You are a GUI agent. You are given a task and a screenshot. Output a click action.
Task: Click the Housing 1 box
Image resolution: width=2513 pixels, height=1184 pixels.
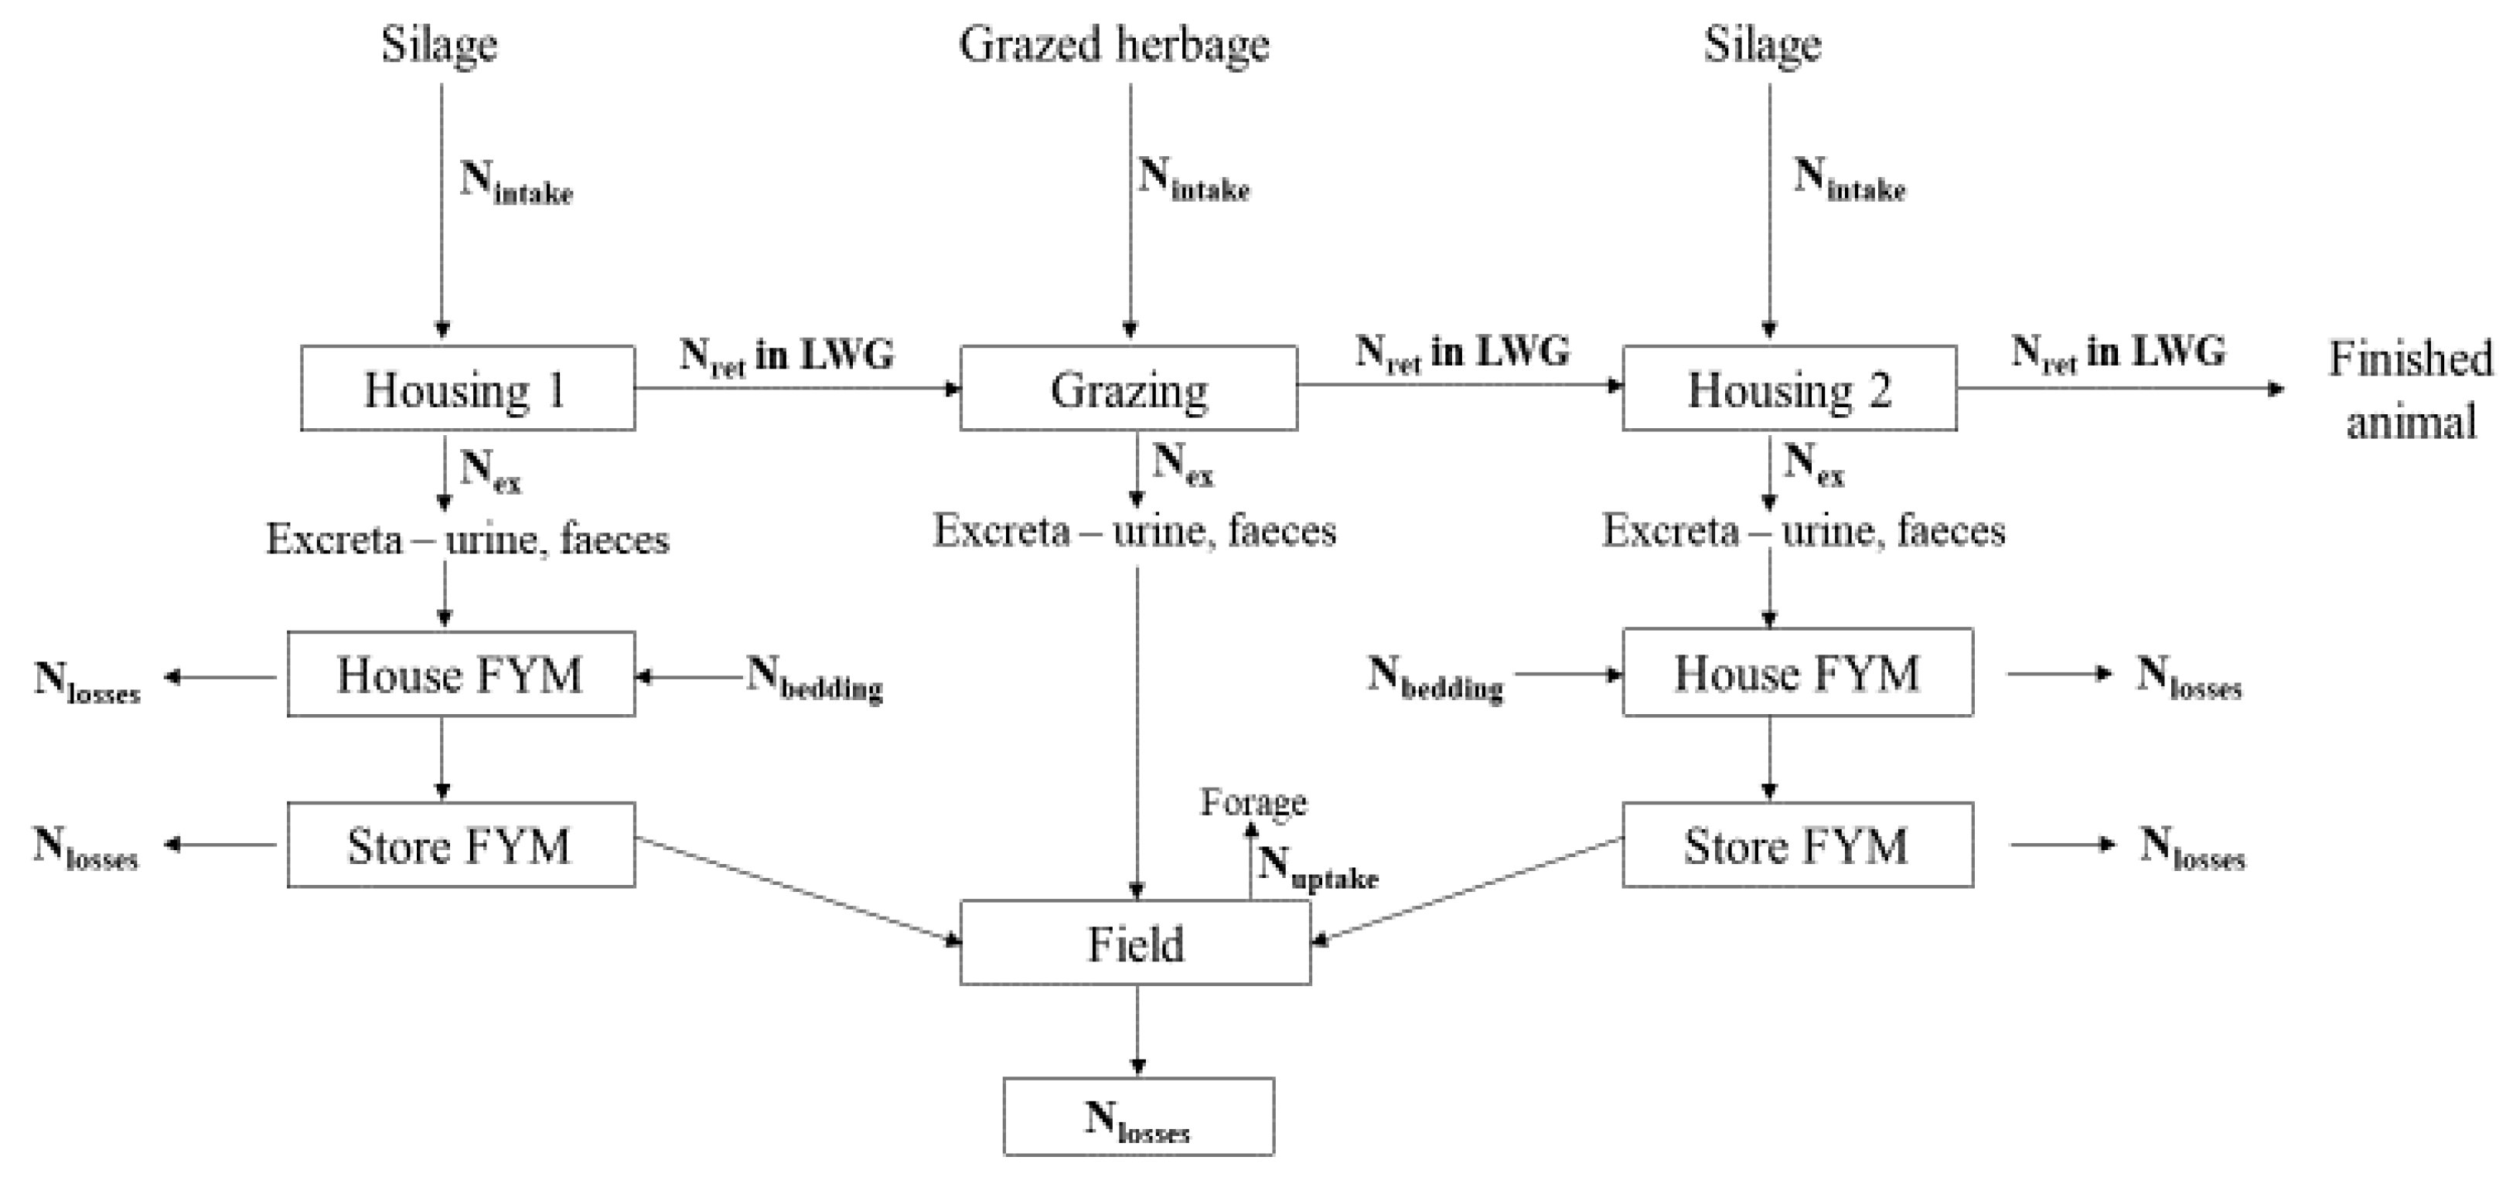467,388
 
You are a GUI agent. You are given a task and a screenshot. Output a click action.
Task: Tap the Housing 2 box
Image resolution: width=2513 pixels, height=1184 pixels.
1788,388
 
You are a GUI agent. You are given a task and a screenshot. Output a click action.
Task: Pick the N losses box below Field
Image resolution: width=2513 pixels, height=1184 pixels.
1137,1117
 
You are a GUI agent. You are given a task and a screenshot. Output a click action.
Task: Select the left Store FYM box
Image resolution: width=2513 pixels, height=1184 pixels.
460,845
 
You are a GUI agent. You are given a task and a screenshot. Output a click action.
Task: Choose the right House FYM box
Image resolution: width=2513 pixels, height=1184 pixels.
1797,673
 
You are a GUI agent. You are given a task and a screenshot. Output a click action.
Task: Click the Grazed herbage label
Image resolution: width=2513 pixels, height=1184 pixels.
1114,45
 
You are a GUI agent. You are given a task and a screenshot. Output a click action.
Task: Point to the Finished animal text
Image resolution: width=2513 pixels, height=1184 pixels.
2409,390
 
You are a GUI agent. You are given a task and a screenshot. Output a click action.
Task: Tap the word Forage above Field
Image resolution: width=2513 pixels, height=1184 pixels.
1253,801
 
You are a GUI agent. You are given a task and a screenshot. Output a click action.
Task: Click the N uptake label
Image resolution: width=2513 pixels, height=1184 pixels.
1317,866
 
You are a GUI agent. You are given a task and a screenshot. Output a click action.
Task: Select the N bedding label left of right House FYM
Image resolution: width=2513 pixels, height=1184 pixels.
1434,677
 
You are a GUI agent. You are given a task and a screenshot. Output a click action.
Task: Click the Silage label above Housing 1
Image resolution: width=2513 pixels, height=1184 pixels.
439,45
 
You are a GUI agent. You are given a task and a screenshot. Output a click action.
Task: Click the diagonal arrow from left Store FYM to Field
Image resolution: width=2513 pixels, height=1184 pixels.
795,890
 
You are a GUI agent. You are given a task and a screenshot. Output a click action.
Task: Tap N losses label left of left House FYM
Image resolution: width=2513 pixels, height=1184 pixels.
86,680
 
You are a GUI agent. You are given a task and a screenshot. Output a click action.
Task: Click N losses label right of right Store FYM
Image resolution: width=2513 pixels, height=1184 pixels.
2191,846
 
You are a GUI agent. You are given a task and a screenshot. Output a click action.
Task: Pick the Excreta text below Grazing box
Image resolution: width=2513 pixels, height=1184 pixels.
1134,530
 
